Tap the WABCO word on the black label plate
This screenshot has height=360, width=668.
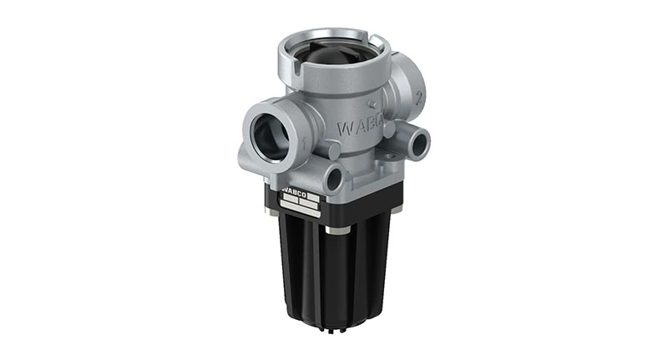coord(294,194)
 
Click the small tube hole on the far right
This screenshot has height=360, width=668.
coord(417,139)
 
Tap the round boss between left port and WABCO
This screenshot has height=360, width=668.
coord(332,150)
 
